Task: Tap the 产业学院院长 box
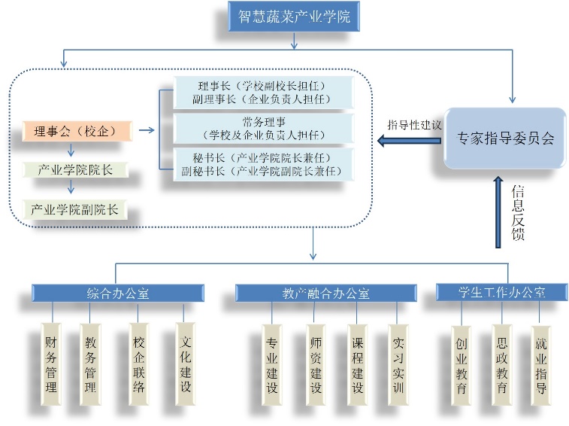(x=76, y=170)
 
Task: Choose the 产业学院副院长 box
(x=76, y=209)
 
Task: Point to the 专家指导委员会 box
(x=505, y=138)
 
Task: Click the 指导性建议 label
(x=413, y=123)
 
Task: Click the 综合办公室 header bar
(x=117, y=294)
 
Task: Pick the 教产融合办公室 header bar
(x=325, y=294)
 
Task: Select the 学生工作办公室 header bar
(x=502, y=291)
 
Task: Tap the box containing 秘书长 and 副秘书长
(x=263, y=164)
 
